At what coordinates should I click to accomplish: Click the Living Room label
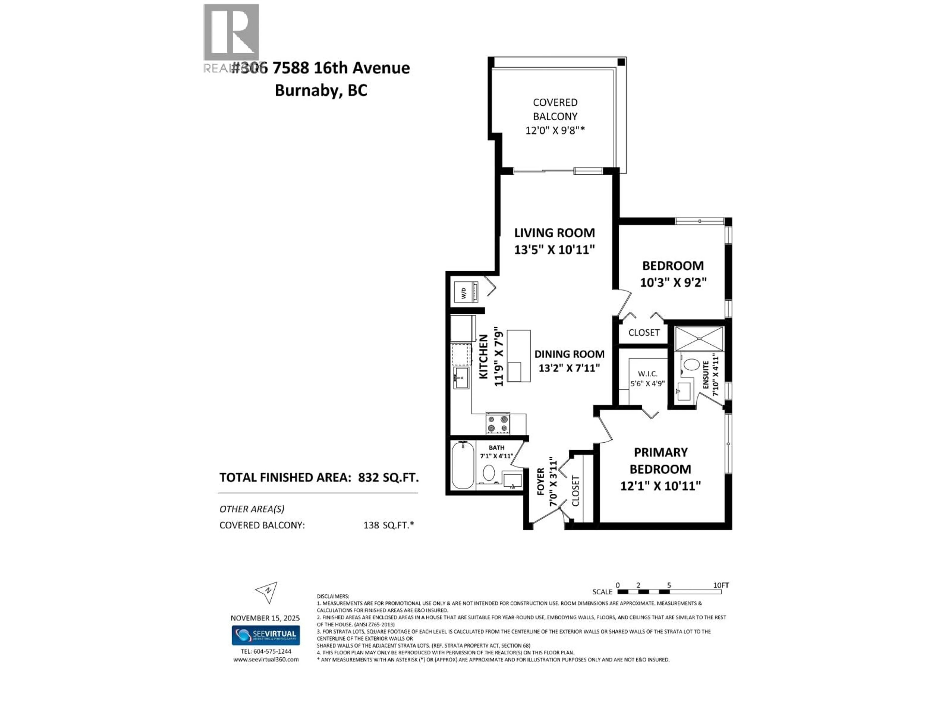tap(554, 233)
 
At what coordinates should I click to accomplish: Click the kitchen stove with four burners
tap(498, 423)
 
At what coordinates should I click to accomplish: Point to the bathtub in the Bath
tap(463, 466)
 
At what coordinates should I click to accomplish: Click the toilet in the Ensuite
tap(691, 365)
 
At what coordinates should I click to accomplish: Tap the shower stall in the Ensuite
tap(699, 339)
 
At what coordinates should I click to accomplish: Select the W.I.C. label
tap(647, 374)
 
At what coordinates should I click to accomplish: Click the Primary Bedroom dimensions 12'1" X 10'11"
tap(660, 486)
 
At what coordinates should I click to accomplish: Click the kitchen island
tap(519, 356)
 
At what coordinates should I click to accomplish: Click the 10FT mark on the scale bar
tap(721, 585)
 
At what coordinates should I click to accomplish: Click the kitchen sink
tap(461, 378)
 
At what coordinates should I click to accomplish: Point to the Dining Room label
tap(569, 354)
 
